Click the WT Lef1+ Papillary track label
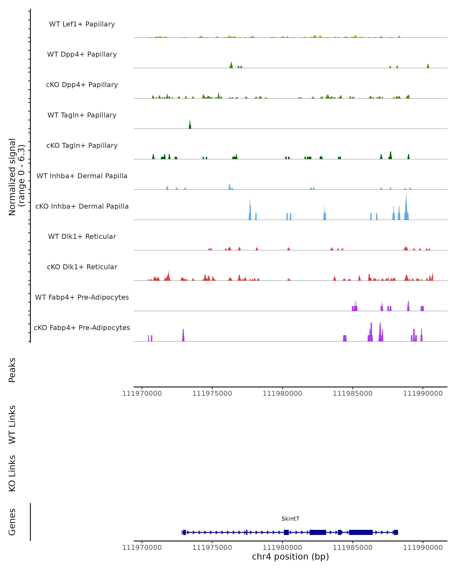click(x=82, y=24)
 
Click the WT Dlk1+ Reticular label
click(x=82, y=236)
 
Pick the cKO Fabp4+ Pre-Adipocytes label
click(x=82, y=328)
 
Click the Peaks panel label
click(x=12, y=370)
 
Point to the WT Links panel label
click(x=12, y=424)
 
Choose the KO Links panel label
click(x=12, y=473)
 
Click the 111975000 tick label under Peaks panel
click(x=212, y=393)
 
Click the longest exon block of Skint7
click(x=361, y=532)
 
